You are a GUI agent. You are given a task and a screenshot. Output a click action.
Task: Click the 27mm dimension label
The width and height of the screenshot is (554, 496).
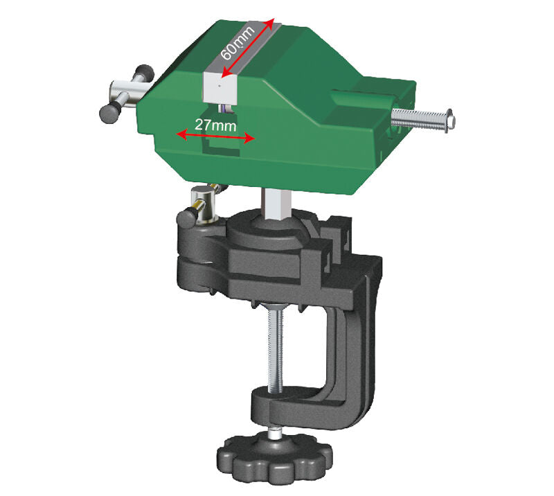(x=213, y=125)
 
